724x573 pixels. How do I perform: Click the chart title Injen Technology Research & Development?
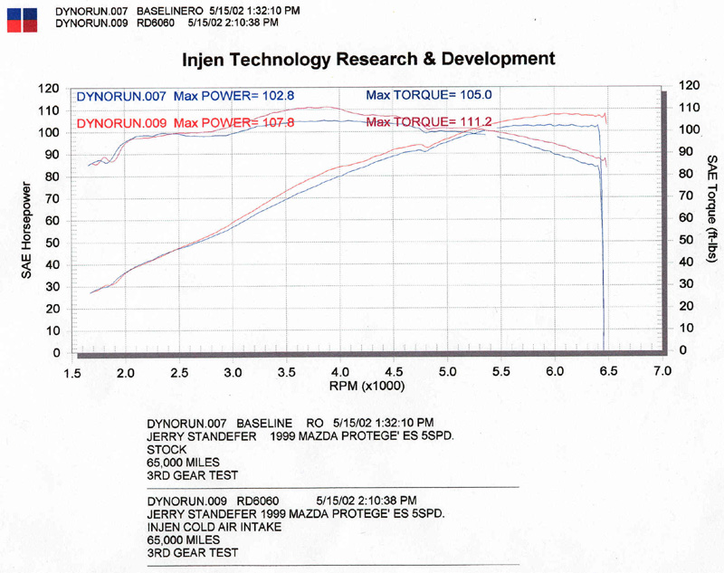pyautogui.click(x=368, y=60)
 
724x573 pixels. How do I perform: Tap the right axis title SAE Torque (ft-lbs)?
pyautogui.click(x=710, y=208)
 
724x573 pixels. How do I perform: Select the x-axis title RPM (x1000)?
pyautogui.click(x=367, y=386)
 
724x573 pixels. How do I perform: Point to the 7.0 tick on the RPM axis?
pyautogui.click(x=662, y=372)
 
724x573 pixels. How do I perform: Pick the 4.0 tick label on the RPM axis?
pyautogui.click(x=340, y=372)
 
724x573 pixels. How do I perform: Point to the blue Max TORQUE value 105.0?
pyautogui.click(x=474, y=94)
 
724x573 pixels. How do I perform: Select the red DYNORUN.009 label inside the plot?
pyautogui.click(x=121, y=122)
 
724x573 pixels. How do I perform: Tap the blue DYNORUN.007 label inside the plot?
pyautogui.click(x=121, y=95)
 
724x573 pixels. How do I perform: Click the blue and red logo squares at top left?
pyautogui.click(x=20, y=19)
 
